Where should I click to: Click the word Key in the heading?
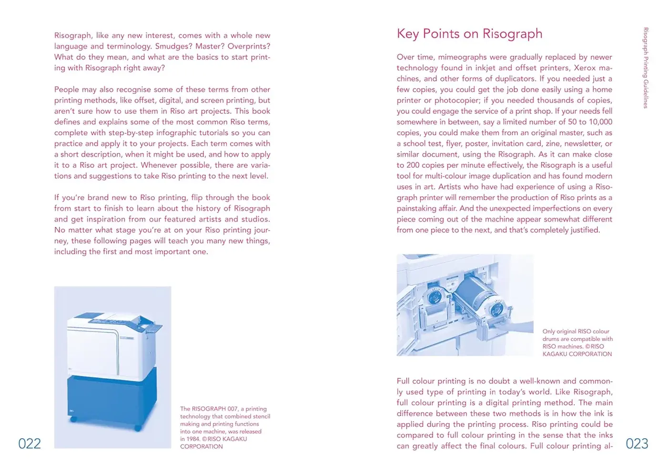tap(408, 34)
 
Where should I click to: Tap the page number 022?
tap(30, 443)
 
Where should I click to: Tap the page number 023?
tap(637, 443)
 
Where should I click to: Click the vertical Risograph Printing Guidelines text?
tap(646, 68)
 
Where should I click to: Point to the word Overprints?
tap(249, 46)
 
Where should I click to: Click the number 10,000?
tap(600, 122)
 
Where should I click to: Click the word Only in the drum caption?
tap(548, 332)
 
